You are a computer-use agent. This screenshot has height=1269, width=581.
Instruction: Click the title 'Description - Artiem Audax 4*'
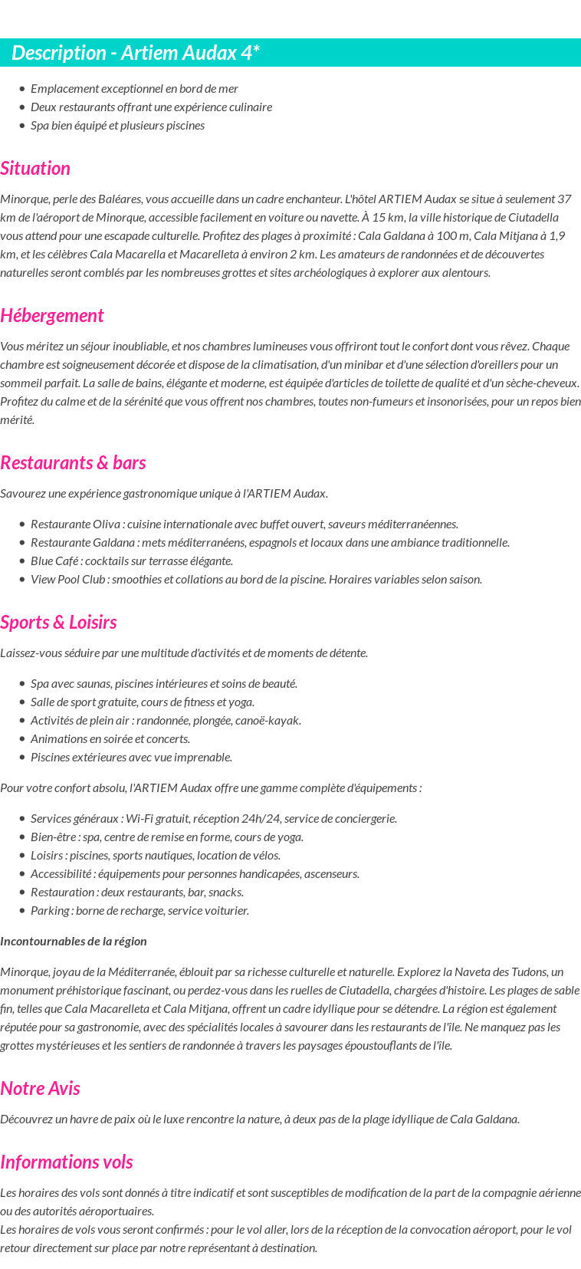(136, 53)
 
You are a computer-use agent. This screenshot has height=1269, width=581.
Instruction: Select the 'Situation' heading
(35, 169)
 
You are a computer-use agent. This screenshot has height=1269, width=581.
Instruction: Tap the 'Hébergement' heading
(51, 316)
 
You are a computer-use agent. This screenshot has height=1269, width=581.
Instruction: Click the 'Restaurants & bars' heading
(73, 463)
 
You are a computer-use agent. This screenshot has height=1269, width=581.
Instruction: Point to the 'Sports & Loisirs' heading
(58, 623)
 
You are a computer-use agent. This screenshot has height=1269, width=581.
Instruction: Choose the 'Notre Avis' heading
(40, 1089)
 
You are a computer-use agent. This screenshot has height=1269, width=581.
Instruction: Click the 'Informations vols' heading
(67, 1162)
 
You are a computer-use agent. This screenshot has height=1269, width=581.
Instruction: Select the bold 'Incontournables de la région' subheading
(74, 941)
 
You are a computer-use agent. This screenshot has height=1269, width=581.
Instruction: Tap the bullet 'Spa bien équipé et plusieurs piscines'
(117, 126)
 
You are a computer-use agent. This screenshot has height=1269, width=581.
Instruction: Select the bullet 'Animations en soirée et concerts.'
(110, 739)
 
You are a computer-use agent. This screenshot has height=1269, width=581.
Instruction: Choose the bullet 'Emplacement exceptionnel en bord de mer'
(134, 89)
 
